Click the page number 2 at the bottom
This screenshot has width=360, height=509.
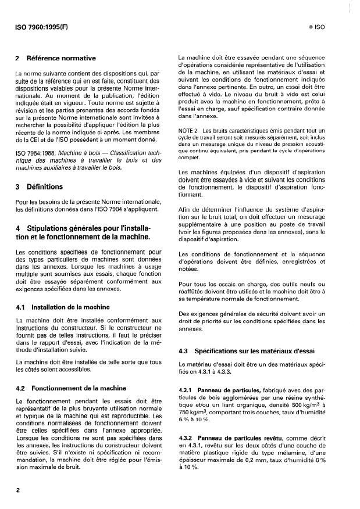(x=18, y=491)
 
